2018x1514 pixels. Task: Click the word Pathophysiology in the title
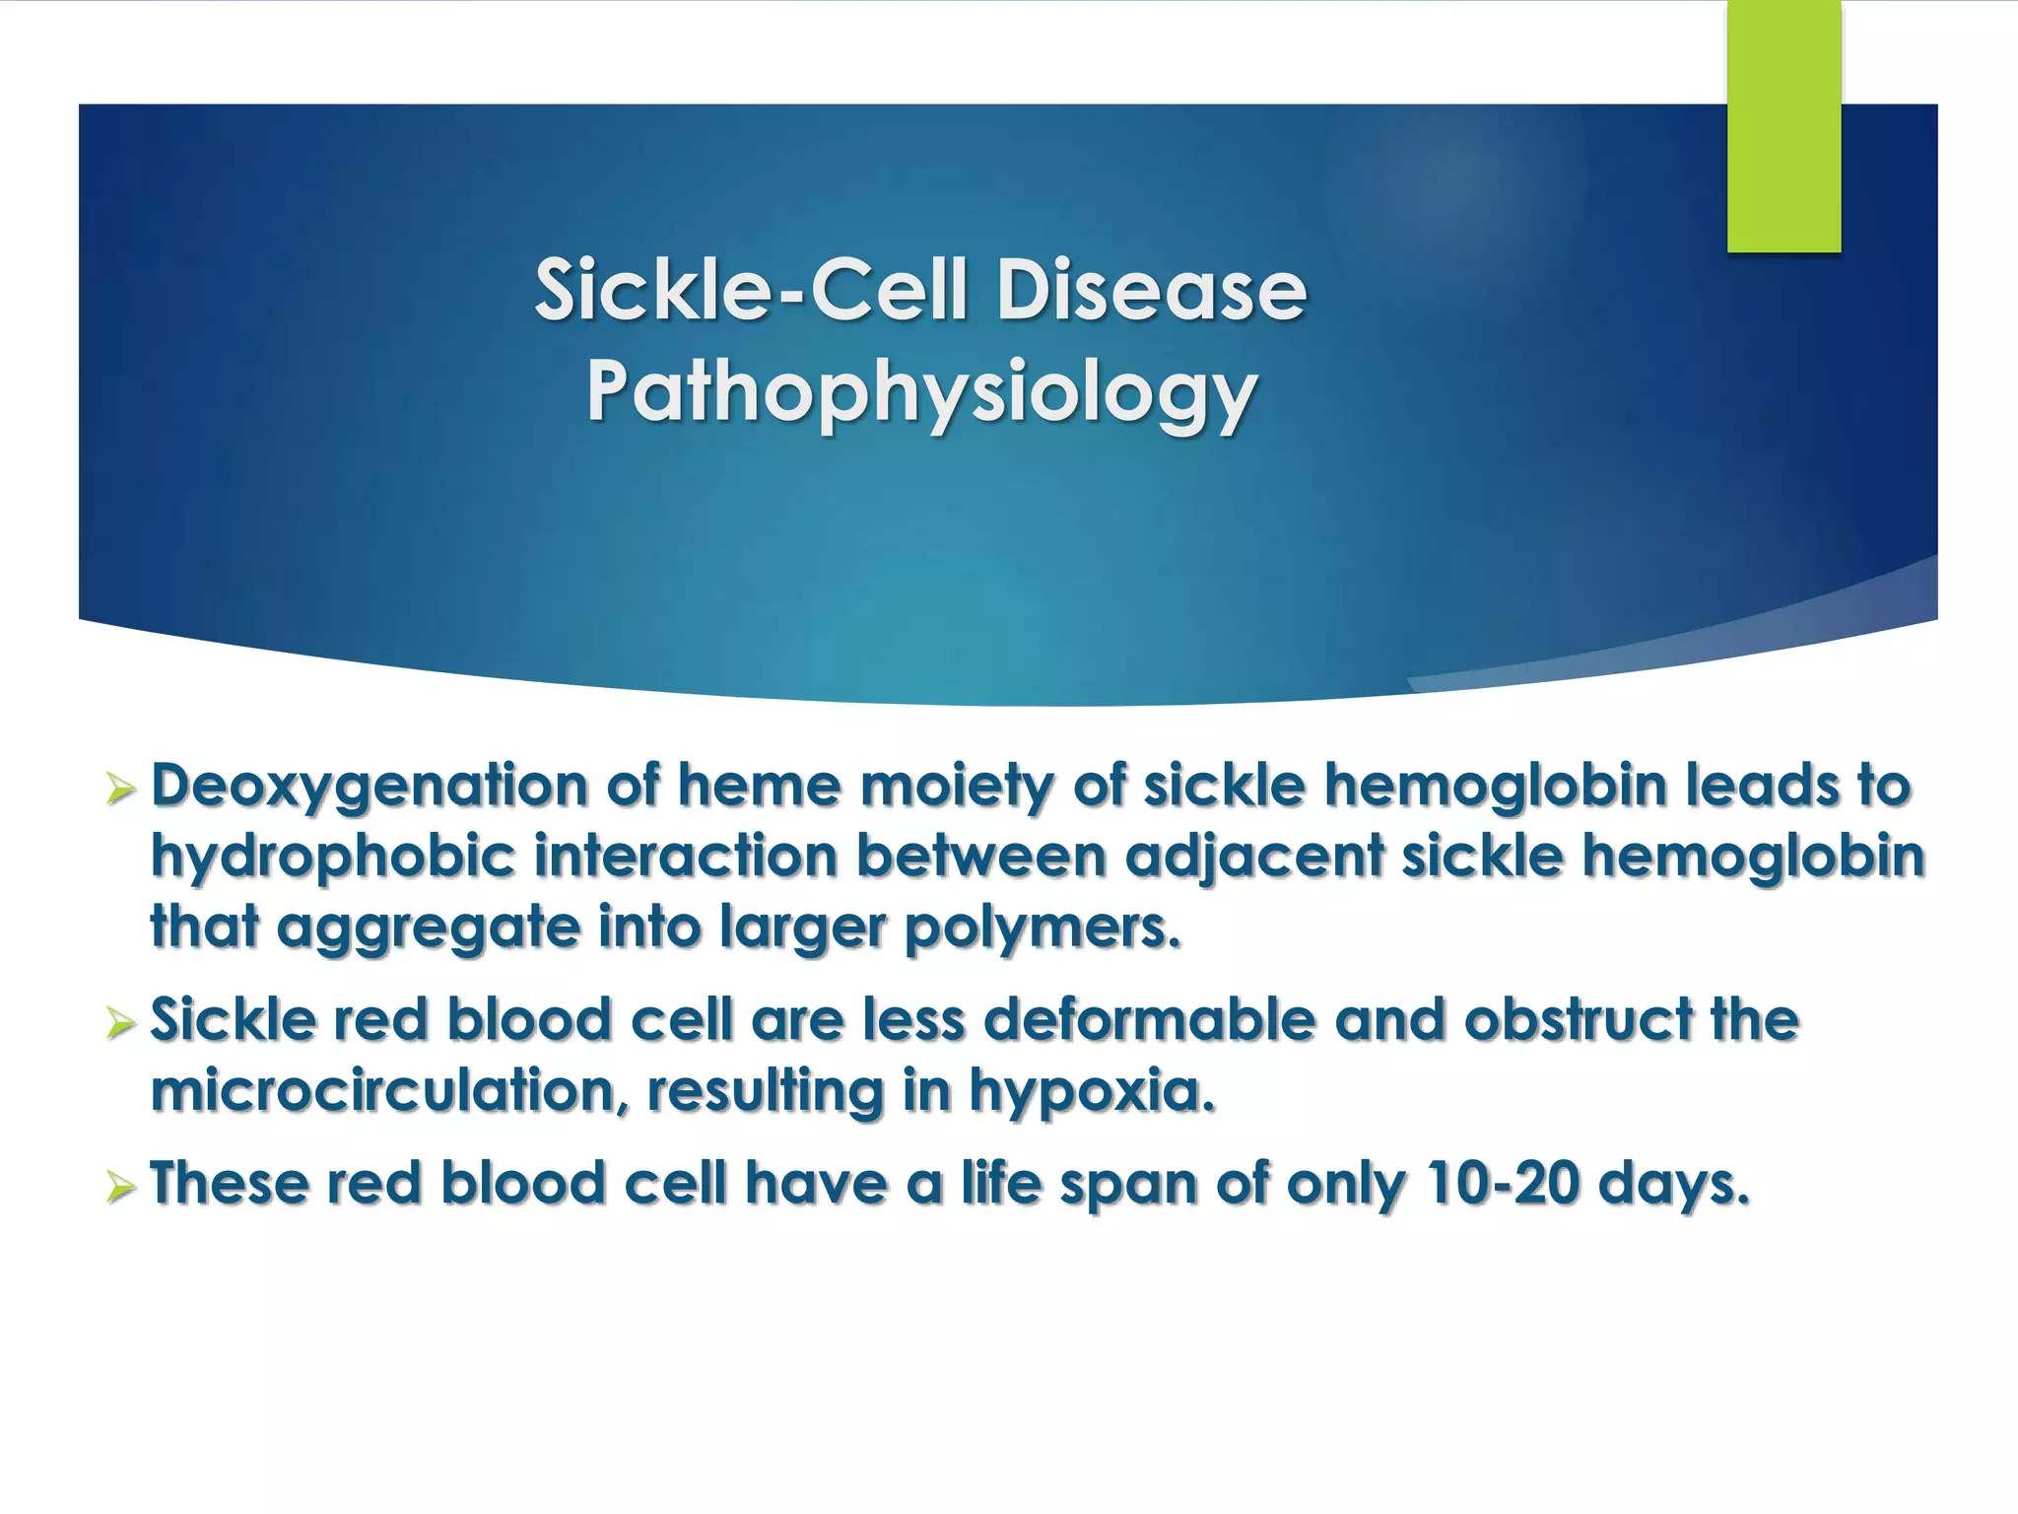point(921,392)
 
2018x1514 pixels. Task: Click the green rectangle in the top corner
point(1783,126)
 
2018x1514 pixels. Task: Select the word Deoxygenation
point(369,787)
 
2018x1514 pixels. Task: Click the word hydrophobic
point(332,856)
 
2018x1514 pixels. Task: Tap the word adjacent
point(1254,856)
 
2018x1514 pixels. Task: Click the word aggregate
point(429,929)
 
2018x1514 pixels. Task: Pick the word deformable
point(1149,1018)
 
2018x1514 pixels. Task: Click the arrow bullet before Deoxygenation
point(119,790)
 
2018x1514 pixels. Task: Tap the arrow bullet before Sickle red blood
point(119,1023)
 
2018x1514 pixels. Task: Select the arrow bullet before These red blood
point(119,1187)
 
